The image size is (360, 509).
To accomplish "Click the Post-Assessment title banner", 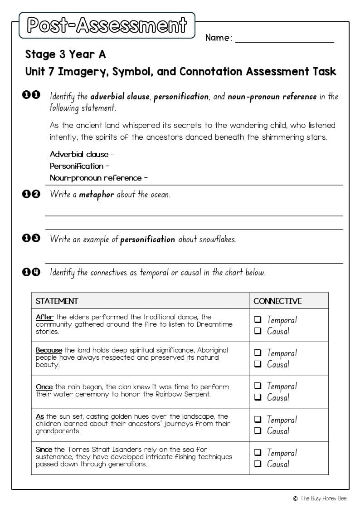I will pyautogui.click(x=107, y=25).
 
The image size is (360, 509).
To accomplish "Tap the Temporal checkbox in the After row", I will pyautogui.click(x=258, y=320).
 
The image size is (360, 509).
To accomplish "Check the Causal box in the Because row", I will pyautogui.click(x=258, y=364).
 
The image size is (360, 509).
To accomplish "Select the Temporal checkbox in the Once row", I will pyautogui.click(x=258, y=386).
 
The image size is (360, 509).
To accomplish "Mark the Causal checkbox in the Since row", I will pyautogui.click(x=258, y=464).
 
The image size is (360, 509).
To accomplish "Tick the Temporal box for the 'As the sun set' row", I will pyautogui.click(x=258, y=420).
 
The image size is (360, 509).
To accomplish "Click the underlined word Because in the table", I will pyautogui.click(x=49, y=350).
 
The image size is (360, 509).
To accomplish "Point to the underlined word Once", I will pyautogui.click(x=44, y=387).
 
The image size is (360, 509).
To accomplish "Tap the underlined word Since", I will pyautogui.click(x=44, y=450).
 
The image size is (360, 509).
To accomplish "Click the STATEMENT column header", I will pyautogui.click(x=57, y=301).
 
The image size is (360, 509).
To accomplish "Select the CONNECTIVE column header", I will pyautogui.click(x=277, y=301).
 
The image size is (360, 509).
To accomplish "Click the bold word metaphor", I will pyautogui.click(x=96, y=195).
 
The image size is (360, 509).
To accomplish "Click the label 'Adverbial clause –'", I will pyautogui.click(x=82, y=154).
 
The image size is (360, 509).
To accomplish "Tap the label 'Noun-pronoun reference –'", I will pyautogui.click(x=99, y=178).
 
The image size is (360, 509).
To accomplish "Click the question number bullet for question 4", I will pyautogui.click(x=31, y=272).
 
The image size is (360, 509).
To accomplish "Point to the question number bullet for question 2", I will pyautogui.click(x=31, y=194).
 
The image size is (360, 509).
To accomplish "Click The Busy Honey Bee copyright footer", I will pyautogui.click(x=320, y=498).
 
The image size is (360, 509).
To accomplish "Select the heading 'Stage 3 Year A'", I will pyautogui.click(x=65, y=54).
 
